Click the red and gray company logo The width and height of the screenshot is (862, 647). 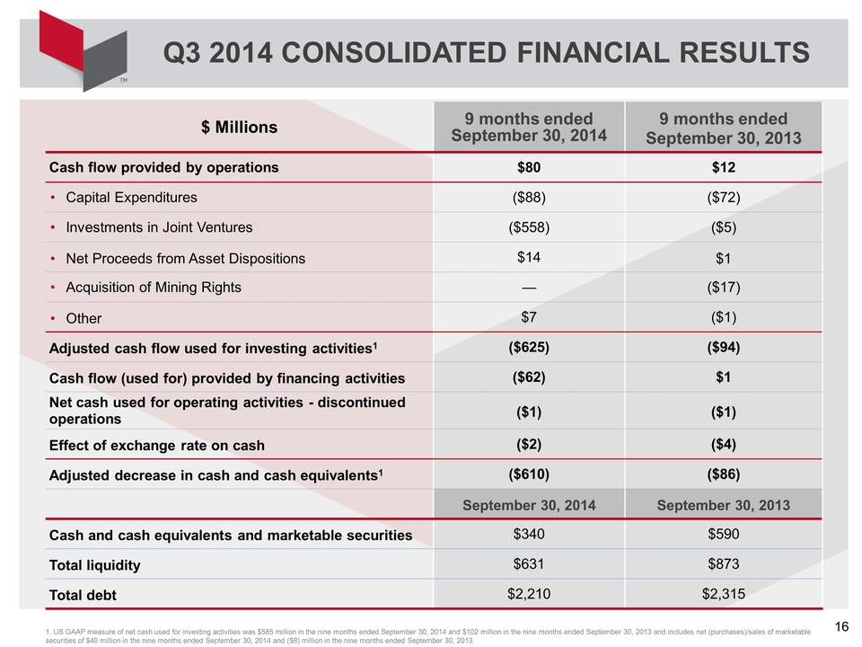pos(83,50)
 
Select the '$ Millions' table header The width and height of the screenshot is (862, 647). pos(239,127)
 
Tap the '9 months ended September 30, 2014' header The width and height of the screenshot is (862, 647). pos(529,127)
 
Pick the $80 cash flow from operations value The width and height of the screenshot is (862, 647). pos(529,167)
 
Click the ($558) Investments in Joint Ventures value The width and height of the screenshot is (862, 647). pos(529,227)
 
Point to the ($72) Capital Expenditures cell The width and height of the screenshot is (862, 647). pos(724,197)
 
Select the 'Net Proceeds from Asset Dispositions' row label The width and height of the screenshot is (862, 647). pos(185,259)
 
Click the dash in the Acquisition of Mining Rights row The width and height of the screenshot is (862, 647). pos(529,288)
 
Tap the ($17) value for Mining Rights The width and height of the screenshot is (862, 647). pos(724,288)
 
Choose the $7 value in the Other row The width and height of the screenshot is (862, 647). pos(529,317)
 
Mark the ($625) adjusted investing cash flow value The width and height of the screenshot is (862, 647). pos(529,347)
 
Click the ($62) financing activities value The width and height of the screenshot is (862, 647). pos(529,377)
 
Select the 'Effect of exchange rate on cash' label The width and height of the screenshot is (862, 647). pos(156,445)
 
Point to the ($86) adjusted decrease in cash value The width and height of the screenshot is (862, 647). pos(724,474)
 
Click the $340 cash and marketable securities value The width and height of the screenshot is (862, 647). pos(529,534)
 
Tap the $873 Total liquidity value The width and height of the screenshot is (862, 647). pos(724,564)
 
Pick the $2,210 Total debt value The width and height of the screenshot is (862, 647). pos(529,594)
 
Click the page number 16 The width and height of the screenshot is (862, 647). pos(841,626)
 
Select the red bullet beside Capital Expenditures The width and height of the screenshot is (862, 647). pos(53,198)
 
